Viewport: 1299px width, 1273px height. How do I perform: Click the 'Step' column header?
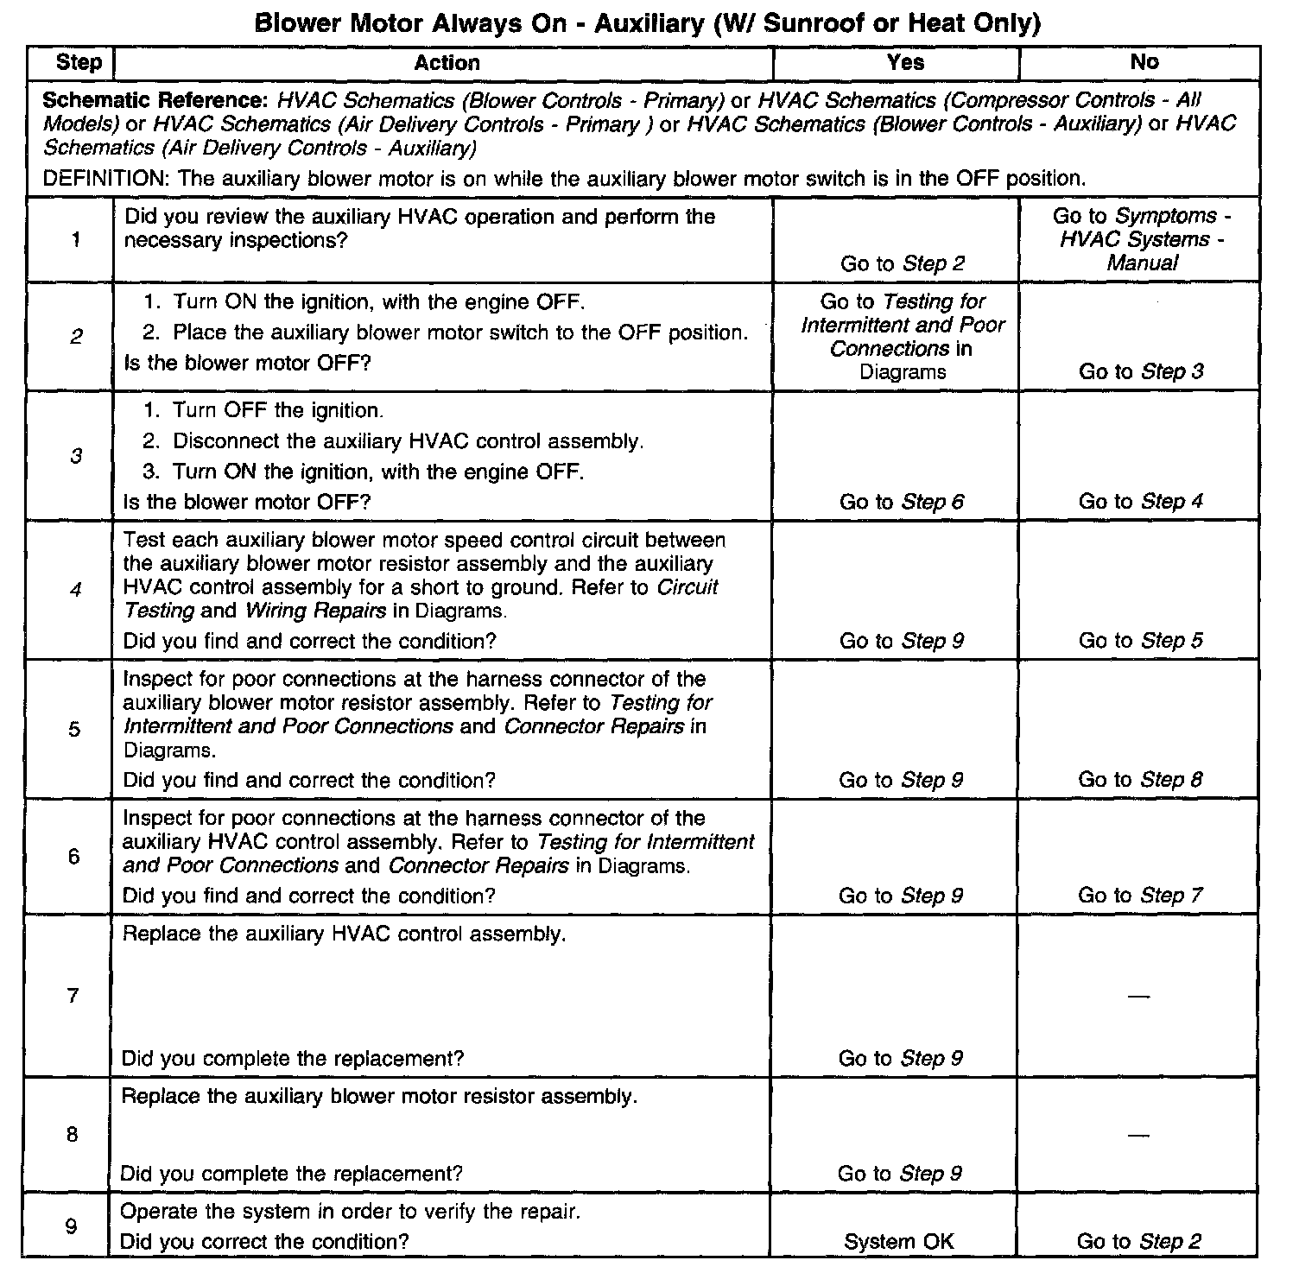79,63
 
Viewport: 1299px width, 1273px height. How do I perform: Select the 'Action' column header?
447,63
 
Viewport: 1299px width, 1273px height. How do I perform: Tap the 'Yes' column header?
905,62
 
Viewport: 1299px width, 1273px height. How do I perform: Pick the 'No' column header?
1144,62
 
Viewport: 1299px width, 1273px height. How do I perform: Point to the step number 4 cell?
76,591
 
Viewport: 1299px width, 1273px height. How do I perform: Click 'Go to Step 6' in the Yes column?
901,502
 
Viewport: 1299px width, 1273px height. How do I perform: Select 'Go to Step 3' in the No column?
1140,371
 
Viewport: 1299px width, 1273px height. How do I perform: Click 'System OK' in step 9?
899,1242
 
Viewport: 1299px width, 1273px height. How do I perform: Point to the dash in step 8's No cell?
1139,1135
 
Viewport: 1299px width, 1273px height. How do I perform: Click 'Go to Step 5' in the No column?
1140,641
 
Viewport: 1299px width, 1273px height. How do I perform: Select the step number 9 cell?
73,1226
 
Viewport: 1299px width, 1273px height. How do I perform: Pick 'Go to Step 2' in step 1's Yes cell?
902,263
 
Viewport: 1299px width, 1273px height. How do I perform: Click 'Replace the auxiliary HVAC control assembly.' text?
344,934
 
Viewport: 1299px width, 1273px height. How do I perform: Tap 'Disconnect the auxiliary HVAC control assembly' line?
407,441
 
